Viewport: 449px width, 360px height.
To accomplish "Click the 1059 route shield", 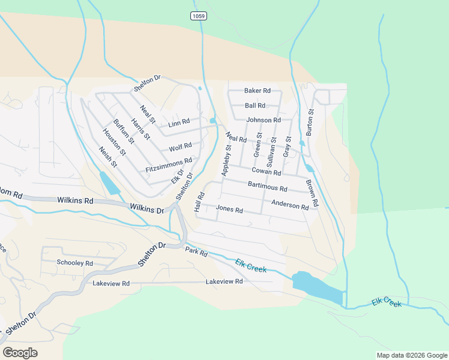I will point(199,16).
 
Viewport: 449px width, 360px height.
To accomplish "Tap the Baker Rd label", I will point(258,91).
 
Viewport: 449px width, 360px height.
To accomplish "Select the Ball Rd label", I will point(255,106).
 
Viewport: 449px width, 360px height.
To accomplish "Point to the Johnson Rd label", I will point(264,120).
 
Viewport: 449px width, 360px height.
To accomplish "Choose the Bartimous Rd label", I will point(268,187).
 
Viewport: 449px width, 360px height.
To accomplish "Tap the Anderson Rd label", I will point(290,205).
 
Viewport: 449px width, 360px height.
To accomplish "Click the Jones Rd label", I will point(229,210).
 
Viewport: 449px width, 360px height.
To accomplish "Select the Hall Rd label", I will point(199,202).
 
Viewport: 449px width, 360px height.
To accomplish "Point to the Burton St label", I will point(310,121).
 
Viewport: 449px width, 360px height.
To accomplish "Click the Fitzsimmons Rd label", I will point(169,166).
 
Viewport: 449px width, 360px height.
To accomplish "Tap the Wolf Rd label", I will point(180,146).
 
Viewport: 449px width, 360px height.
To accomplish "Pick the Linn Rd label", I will point(179,124).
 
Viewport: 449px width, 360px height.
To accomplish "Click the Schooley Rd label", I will point(75,263).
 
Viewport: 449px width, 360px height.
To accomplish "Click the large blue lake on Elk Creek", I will point(315,287).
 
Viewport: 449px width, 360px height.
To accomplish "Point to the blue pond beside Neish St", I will point(109,182).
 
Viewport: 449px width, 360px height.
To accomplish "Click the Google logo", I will point(20,353).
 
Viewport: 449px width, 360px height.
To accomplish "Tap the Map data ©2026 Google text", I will point(411,355).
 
